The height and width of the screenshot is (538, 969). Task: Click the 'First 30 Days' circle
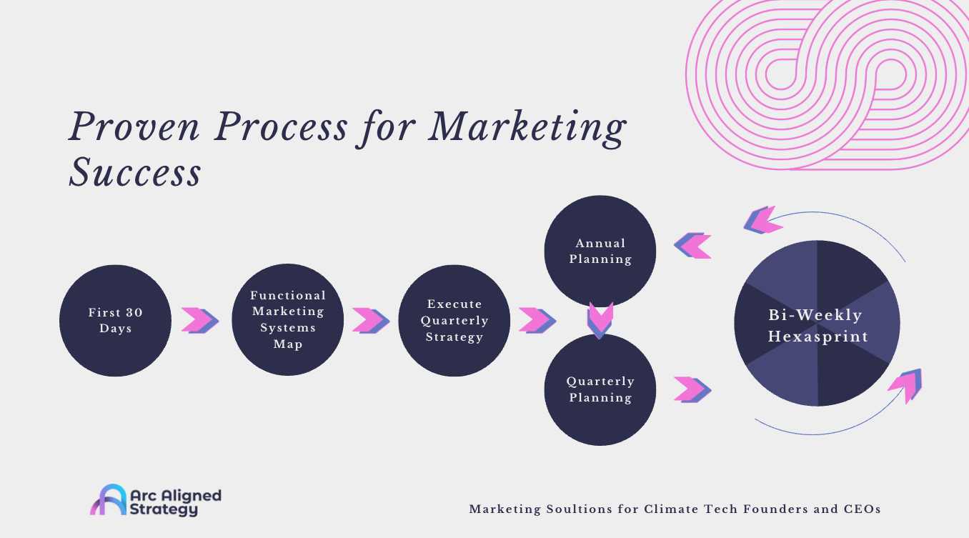115,320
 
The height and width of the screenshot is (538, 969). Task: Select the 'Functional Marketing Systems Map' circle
287,319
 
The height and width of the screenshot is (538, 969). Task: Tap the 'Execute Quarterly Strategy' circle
454,320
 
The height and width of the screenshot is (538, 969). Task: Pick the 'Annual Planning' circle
600,251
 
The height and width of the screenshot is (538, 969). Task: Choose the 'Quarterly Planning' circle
600,389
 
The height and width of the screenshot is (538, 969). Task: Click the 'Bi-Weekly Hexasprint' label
816,326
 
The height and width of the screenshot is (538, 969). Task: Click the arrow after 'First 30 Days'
199,320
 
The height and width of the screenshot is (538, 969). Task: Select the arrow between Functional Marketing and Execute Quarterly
370,320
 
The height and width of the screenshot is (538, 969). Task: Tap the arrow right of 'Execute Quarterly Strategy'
537,320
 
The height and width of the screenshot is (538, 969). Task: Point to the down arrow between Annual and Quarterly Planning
600,320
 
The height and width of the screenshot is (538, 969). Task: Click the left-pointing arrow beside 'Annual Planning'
692,245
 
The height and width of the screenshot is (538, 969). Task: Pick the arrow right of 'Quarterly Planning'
692,389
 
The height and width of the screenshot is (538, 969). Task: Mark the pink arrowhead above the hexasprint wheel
762,220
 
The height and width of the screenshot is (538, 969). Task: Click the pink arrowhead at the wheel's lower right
905,386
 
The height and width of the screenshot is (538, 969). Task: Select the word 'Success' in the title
134,171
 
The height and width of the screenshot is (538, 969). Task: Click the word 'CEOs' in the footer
861,509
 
